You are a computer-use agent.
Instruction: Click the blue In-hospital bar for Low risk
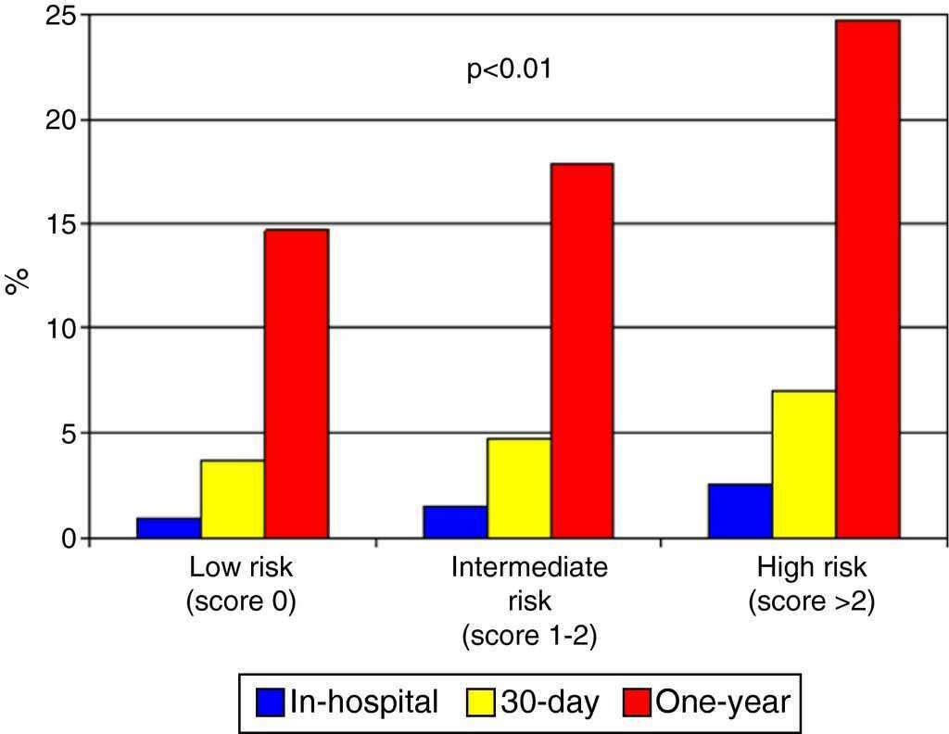click(x=169, y=527)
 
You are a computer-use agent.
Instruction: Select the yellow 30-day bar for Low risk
click(x=233, y=499)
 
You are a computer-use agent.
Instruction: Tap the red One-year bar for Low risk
click(x=297, y=383)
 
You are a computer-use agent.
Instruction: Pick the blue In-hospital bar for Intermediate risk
click(x=455, y=522)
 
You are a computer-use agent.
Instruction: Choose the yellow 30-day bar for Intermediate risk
click(x=519, y=487)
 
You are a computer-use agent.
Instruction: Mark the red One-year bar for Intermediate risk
click(x=582, y=350)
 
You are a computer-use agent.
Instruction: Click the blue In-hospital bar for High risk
click(x=740, y=511)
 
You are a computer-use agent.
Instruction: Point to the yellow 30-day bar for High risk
click(x=804, y=463)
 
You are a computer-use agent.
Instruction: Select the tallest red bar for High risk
click(x=867, y=278)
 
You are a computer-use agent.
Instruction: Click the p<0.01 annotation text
click(x=509, y=70)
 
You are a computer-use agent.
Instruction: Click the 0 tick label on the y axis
click(x=70, y=538)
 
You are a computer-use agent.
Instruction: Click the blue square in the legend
click(x=270, y=702)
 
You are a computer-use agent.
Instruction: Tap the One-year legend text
click(x=723, y=702)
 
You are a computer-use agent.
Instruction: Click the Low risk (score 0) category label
click(x=240, y=584)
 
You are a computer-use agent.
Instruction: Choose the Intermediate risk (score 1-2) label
click(x=529, y=601)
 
